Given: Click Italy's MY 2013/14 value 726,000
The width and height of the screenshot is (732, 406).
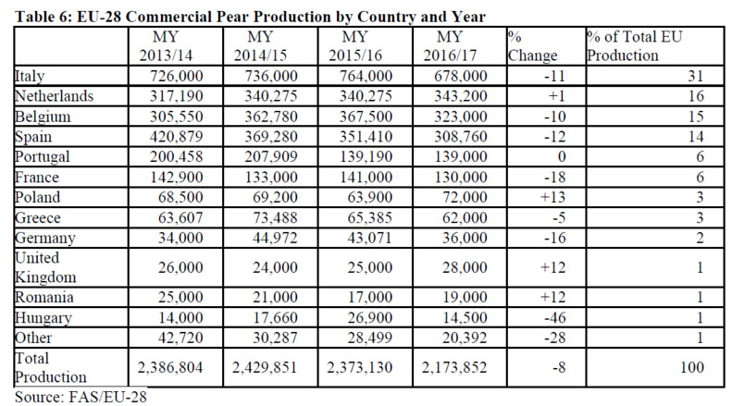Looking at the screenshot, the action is click(x=176, y=76).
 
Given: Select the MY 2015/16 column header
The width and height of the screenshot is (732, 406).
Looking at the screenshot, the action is click(x=355, y=45).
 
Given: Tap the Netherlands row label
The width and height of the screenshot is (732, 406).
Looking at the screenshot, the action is click(x=55, y=96).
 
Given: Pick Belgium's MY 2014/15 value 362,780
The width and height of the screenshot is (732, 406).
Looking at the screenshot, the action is click(x=271, y=117).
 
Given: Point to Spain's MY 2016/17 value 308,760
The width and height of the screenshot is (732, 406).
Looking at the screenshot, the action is click(x=460, y=136).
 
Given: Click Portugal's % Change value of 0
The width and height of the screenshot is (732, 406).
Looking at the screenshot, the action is click(x=561, y=156).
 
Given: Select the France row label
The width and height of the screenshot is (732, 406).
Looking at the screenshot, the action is click(x=37, y=177).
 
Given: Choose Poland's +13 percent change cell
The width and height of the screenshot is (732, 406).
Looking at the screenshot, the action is click(x=552, y=197).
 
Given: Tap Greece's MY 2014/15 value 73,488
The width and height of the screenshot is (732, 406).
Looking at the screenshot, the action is click(x=275, y=217).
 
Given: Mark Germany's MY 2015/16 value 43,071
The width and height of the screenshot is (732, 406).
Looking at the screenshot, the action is click(x=370, y=238).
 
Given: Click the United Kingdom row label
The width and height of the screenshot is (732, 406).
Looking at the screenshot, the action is click(x=45, y=267).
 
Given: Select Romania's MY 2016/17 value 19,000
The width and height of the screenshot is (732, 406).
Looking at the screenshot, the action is click(x=465, y=297).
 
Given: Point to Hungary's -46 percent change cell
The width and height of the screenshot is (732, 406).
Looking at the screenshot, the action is click(x=554, y=317).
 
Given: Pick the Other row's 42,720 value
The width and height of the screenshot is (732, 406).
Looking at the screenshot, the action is click(x=180, y=338).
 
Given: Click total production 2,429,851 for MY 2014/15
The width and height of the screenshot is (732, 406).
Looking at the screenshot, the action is click(x=265, y=367).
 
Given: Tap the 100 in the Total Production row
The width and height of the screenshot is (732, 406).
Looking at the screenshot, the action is click(x=692, y=367).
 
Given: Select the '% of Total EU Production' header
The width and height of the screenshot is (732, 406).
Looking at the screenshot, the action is click(x=634, y=45).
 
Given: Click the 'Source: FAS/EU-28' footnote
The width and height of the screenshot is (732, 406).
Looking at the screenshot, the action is click(x=81, y=397).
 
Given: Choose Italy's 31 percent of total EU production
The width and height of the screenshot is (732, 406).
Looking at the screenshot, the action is click(x=696, y=76).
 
